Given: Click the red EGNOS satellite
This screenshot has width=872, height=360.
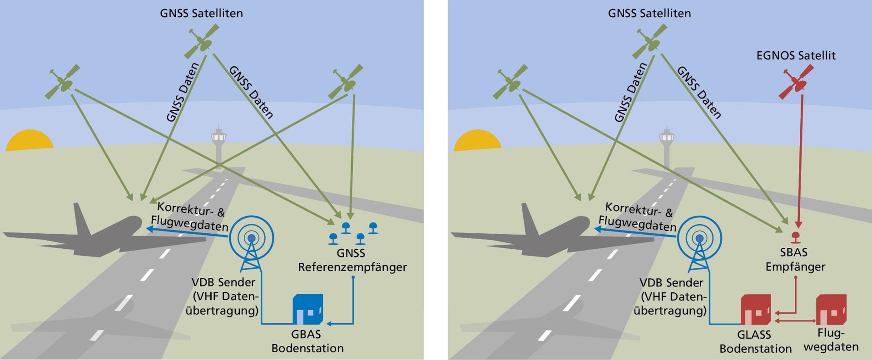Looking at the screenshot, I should (796, 82).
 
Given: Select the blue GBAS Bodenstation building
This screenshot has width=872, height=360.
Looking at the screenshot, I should (307, 311).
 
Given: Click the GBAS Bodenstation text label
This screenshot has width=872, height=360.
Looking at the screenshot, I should (307, 341).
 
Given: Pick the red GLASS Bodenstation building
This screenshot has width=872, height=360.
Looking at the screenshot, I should (755, 311).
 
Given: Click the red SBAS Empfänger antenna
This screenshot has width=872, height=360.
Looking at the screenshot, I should (795, 236).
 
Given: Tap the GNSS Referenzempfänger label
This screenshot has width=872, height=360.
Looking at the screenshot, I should (352, 260).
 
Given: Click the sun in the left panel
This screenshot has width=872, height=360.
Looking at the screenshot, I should (30, 141).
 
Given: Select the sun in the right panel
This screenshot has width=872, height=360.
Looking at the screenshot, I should (477, 141).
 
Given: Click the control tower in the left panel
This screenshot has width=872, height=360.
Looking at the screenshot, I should (218, 145).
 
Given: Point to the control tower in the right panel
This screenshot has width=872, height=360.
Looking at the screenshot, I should (667, 145).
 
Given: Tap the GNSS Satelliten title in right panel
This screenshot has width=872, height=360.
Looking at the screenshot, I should (649, 14).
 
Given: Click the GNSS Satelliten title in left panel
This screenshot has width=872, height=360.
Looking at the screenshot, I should (201, 14).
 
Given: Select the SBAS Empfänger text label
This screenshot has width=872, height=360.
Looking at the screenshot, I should (795, 260).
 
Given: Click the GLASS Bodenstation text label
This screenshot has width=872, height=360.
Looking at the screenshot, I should (755, 341).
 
